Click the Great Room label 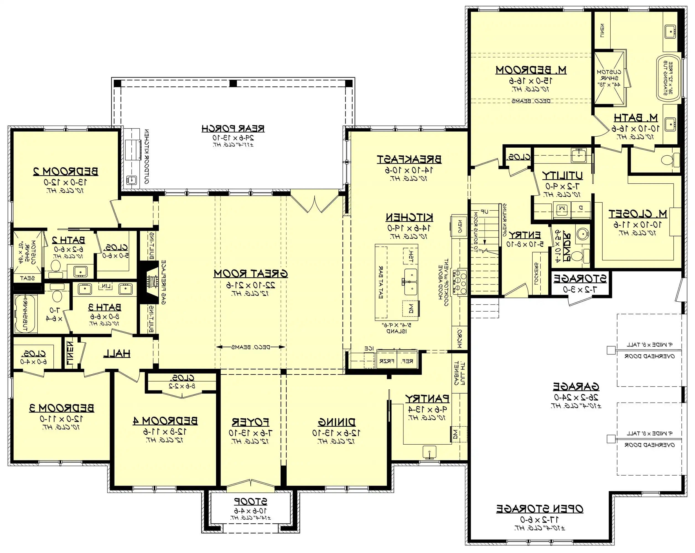coord(250,274)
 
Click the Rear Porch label coord(233,129)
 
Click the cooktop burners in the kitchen coord(460,283)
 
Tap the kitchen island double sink coord(410,282)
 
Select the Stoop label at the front coord(250,502)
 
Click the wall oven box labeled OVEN coord(459,226)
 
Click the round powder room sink coord(582,234)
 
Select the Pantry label coord(427,399)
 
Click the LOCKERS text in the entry coord(536,274)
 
